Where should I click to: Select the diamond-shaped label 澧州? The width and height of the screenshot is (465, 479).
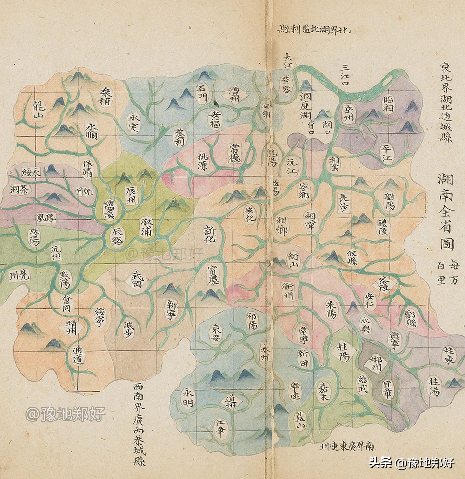tap(234, 93)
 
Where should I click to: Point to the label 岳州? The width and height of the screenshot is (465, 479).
tap(347, 112)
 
